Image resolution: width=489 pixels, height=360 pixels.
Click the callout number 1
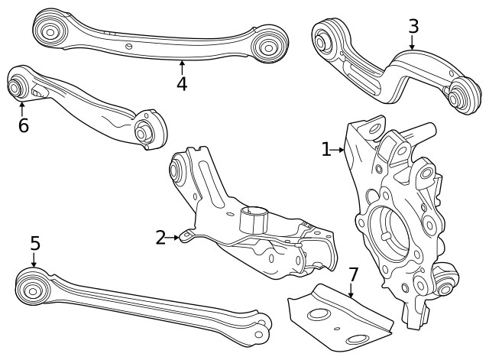[326, 149]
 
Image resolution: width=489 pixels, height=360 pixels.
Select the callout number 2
[160, 238]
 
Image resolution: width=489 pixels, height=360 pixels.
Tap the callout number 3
[413, 26]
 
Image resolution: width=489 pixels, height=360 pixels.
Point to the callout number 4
[181, 83]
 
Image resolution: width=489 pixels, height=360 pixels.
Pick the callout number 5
[34, 243]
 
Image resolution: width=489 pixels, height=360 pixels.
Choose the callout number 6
[23, 125]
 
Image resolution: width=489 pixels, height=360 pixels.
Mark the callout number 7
[353, 274]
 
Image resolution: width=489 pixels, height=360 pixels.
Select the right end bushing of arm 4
[268, 45]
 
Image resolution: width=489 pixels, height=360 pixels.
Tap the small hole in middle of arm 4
[129, 47]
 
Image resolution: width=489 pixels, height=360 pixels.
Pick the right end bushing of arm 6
[144, 131]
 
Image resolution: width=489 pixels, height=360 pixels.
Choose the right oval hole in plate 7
[356, 339]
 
